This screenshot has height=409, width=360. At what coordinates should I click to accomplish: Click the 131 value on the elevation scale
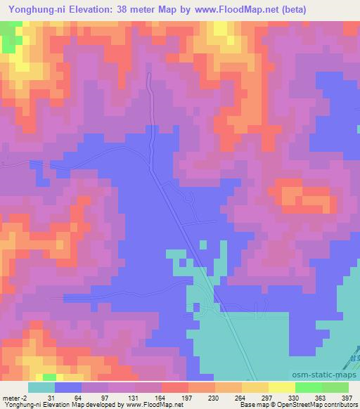129,398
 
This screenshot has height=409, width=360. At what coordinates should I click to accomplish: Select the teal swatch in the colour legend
41,387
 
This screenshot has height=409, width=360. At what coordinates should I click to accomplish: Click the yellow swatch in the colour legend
282,387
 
